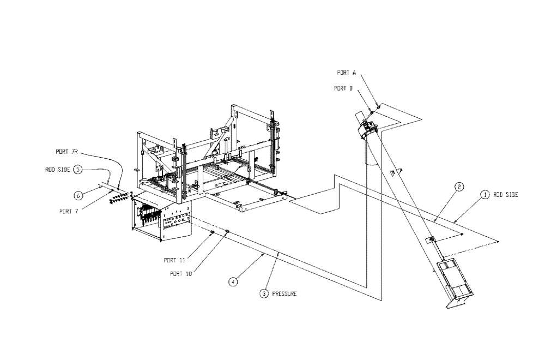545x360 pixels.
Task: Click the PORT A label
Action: tap(347, 72)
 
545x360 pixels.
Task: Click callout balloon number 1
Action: tap(484, 194)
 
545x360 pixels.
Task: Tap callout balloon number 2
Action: tap(459, 187)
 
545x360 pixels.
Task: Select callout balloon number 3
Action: tap(264, 293)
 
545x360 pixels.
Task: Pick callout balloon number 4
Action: tap(233, 282)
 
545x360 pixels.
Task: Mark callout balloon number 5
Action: tap(78, 170)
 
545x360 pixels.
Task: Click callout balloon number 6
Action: tap(78, 195)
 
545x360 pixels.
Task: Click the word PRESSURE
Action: tap(284, 293)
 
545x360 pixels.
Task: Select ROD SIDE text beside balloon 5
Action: tap(56, 170)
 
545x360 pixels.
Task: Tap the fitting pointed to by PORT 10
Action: tap(227, 232)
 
